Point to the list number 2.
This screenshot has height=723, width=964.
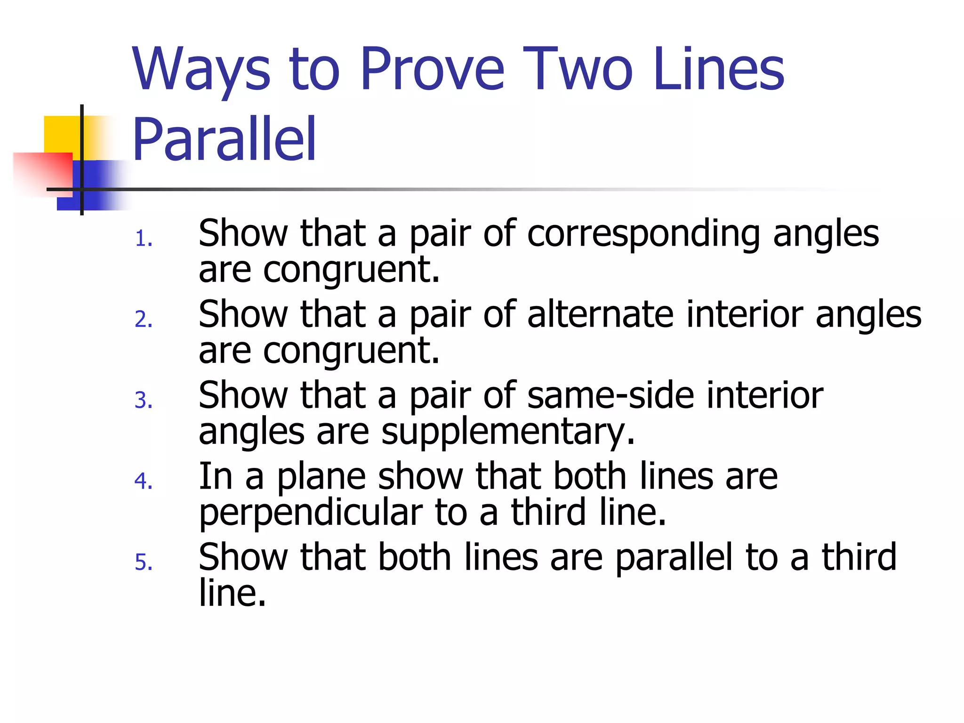coord(143,320)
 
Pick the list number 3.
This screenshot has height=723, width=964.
coord(143,401)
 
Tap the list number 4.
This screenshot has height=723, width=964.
coord(143,482)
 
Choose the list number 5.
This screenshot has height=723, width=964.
coord(143,562)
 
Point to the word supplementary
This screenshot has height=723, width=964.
coord(508,432)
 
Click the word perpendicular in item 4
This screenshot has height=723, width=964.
coord(311,513)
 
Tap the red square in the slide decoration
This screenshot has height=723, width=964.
coord(42,172)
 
